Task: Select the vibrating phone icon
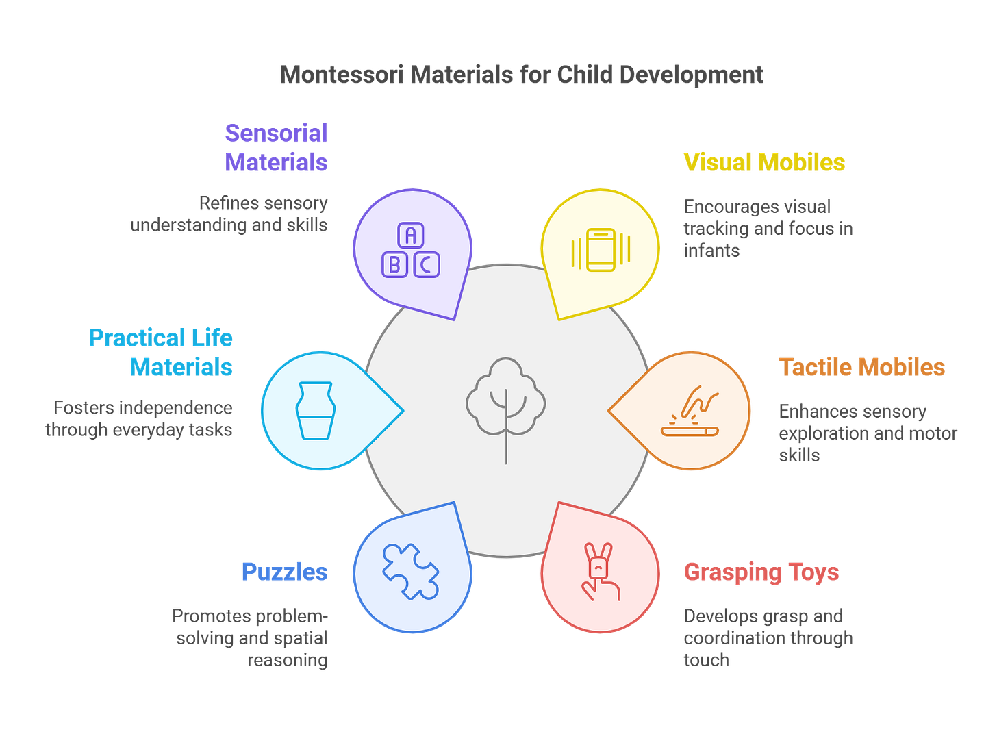[x=601, y=250]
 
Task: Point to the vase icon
[x=315, y=410]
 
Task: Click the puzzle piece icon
[x=411, y=571]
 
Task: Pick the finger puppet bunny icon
[x=600, y=572]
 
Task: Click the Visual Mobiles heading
[x=764, y=162]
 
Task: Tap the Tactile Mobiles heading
[x=862, y=367]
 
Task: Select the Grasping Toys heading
[x=761, y=572]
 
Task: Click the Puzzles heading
[x=284, y=572]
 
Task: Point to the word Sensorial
[x=276, y=133]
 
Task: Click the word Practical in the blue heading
[x=137, y=338]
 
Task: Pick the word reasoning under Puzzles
[x=288, y=659]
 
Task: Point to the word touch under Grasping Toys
[x=705, y=659]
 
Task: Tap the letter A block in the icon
[x=410, y=236]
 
